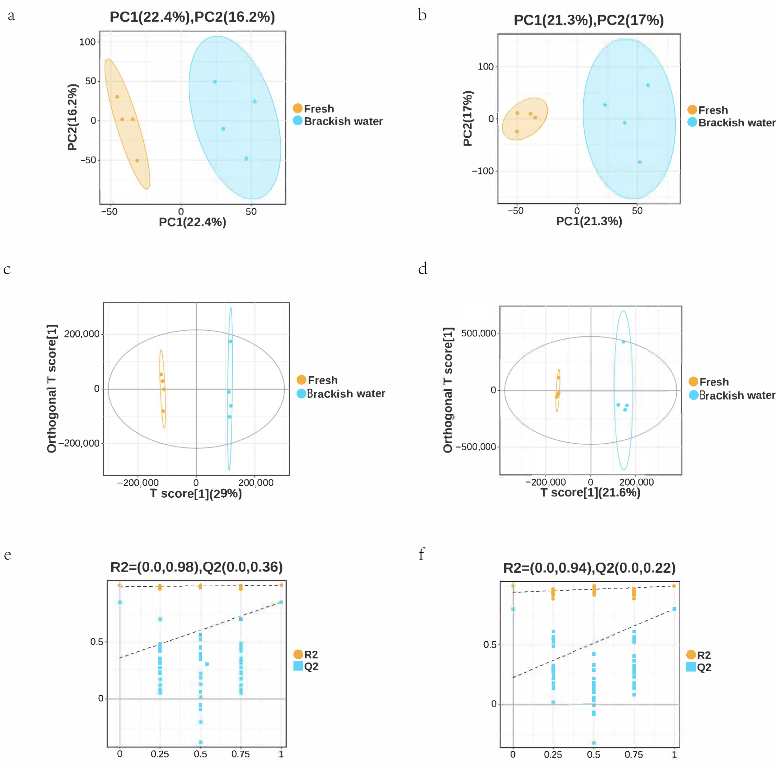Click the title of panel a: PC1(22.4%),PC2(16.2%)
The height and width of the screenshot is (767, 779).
[x=192, y=17]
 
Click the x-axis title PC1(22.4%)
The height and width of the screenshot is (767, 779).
[x=192, y=222]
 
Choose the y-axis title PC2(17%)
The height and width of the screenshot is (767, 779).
[x=468, y=118]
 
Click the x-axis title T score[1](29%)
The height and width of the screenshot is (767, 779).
[x=196, y=494]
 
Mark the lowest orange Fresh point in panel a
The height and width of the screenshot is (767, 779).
[x=137, y=160]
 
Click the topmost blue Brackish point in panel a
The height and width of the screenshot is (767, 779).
[x=215, y=82]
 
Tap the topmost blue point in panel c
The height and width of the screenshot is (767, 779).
[x=231, y=342]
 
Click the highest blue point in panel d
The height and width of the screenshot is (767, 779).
[x=623, y=342]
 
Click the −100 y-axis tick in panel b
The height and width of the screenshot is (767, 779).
[x=482, y=171]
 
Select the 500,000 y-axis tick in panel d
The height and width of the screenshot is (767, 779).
[x=478, y=333]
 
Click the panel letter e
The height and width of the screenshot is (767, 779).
[x=8, y=555]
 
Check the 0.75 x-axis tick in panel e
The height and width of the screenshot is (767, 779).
[x=241, y=754]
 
